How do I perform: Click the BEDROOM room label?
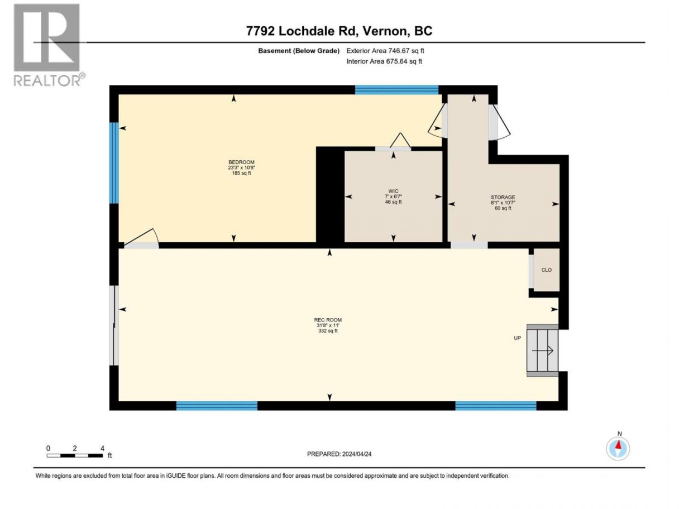tap(241, 162)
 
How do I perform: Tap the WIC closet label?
tap(393, 191)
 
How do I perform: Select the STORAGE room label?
tap(503, 197)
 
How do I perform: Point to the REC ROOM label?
tap(328, 320)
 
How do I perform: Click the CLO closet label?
tap(546, 270)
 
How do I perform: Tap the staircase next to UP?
tap(543, 350)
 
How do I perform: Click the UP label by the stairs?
tap(517, 338)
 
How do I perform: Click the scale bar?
tap(75, 455)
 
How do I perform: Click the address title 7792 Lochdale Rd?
tap(339, 31)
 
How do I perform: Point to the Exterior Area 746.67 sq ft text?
tap(385, 51)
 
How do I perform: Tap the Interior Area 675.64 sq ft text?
tap(384, 61)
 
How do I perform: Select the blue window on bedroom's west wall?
tap(114, 163)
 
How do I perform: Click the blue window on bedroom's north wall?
tap(396, 90)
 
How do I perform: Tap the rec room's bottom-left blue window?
tap(217, 406)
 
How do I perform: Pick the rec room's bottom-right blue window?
tap(495, 406)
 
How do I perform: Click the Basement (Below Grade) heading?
tap(299, 51)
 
